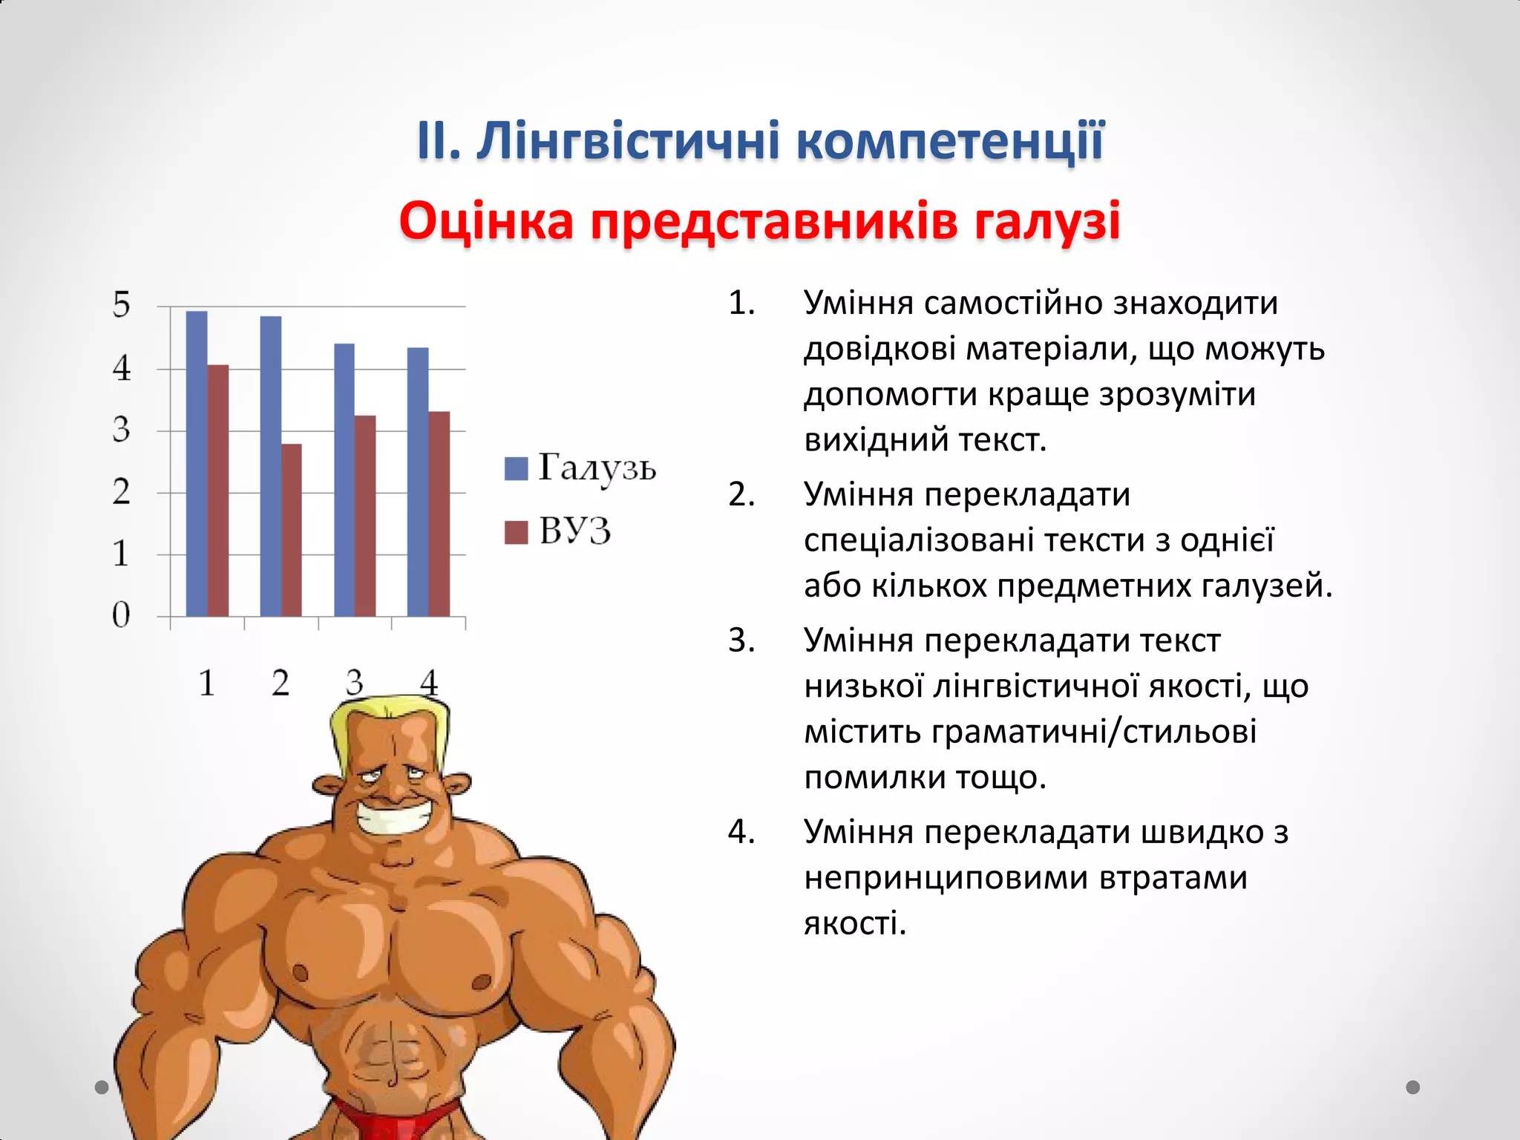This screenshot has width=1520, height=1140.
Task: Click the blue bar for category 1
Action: pyautogui.click(x=197, y=464)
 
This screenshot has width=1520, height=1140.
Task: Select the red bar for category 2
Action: pyautogui.click(x=292, y=530)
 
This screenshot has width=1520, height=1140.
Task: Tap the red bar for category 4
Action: pyautogui.click(x=439, y=514)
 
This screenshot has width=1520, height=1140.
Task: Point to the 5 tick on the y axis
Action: pyautogui.click(x=122, y=305)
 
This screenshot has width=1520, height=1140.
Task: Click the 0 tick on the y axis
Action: pyautogui.click(x=122, y=615)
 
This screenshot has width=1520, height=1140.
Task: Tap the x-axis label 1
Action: pyautogui.click(x=207, y=683)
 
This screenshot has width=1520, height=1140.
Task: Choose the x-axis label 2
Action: pyautogui.click(x=281, y=683)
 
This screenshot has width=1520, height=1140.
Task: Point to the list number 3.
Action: pyautogui.click(x=741, y=640)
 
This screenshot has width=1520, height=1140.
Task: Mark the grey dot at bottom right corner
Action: pyautogui.click(x=1413, y=1087)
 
